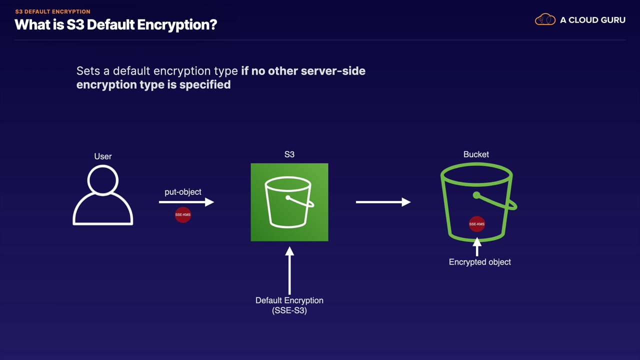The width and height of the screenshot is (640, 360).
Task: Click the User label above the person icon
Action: [103, 156]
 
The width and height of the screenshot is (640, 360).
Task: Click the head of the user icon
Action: [103, 179]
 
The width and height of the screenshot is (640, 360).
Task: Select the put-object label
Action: [183, 192]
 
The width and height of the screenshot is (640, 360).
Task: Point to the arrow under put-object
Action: [186, 202]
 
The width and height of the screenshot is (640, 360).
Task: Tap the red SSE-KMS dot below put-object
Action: [183, 214]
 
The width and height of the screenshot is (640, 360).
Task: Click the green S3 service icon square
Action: [289, 202]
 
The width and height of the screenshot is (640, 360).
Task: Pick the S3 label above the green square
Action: [289, 154]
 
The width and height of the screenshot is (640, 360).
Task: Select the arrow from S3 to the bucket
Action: [383, 202]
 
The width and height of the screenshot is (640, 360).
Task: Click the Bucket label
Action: [476, 154]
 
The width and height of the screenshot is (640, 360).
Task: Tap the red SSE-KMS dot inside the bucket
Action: [476, 224]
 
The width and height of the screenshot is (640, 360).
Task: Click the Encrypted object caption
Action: [480, 262]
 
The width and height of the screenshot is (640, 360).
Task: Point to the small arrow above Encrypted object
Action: [477, 247]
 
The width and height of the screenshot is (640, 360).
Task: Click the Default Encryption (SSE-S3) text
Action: [289, 305]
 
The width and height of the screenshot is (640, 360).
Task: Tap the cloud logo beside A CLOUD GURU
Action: [545, 20]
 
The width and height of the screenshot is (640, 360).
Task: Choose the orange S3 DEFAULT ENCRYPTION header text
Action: [52, 11]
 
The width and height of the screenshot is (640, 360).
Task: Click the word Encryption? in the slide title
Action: [177, 24]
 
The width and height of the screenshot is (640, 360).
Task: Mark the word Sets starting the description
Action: [88, 71]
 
